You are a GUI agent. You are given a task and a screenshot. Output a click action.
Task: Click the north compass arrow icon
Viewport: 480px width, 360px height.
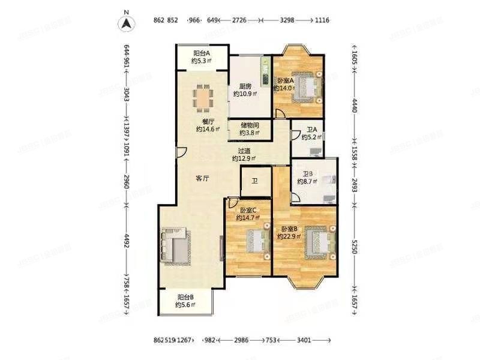coord(126,23)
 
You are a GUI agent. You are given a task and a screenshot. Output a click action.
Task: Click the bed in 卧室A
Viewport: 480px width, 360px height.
coord(308,86)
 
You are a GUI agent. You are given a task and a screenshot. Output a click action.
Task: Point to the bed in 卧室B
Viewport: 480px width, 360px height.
coord(317,243)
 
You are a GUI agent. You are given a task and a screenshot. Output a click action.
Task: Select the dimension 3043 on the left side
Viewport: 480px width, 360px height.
coord(127,96)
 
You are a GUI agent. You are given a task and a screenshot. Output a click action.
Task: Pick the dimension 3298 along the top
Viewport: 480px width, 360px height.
coord(287,20)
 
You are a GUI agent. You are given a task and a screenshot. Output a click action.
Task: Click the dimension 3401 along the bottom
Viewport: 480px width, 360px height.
coord(304,341)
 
